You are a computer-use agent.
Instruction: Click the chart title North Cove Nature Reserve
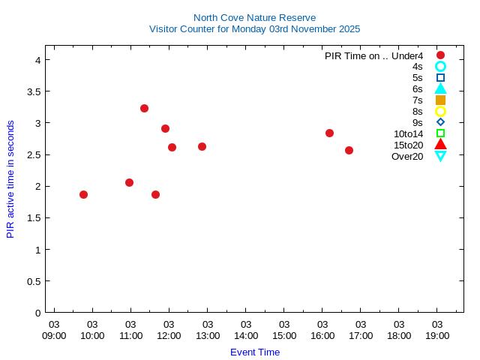[x=254, y=17]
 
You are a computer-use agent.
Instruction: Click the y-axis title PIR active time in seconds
[x=10, y=179]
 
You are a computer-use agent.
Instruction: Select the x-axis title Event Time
[x=254, y=352]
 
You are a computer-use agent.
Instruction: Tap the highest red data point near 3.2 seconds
[x=144, y=108]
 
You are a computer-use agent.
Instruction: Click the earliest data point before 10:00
[x=83, y=194]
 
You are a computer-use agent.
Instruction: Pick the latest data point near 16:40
[x=349, y=150]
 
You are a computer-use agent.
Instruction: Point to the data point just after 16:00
[x=329, y=133]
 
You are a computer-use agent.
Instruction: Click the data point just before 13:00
[x=202, y=146]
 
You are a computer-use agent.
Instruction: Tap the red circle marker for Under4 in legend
[x=440, y=55]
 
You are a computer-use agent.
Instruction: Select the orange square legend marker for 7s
[x=440, y=100]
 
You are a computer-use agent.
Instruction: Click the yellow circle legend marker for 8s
[x=440, y=111]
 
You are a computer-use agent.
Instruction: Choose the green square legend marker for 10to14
[x=440, y=133]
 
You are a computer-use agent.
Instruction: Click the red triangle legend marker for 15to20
[x=440, y=144]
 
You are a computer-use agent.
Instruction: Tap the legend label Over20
[x=407, y=156]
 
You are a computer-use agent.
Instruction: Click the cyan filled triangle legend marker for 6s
[x=440, y=88]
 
